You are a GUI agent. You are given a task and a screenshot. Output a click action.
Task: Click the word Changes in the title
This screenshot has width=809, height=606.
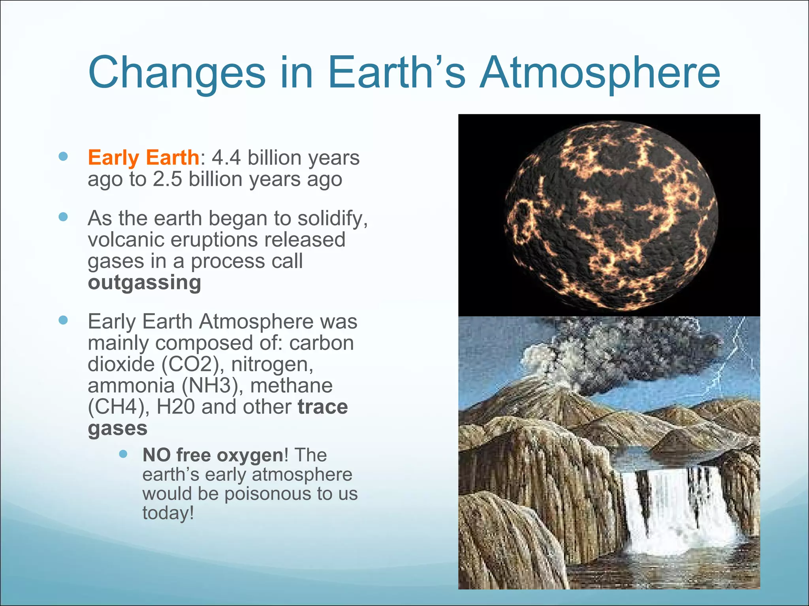177,73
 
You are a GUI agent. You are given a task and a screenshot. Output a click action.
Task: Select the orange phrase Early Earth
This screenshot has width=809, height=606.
143,157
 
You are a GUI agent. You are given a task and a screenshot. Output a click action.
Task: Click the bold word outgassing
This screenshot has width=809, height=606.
144,282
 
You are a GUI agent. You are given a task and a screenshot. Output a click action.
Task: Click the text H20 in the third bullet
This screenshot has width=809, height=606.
175,407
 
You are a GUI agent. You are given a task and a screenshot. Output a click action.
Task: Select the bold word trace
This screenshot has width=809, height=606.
323,407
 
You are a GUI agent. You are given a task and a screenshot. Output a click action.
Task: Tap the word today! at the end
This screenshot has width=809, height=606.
168,513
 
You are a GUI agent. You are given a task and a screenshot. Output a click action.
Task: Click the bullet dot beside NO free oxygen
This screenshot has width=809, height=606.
123,454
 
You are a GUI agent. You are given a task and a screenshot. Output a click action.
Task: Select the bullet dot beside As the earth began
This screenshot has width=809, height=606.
63,217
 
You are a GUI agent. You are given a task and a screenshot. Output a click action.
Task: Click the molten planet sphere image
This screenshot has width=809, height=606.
610,215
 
